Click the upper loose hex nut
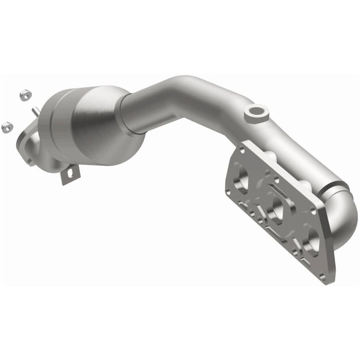click(24, 95)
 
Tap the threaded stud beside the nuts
click(34, 111)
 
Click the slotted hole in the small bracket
click(70, 175)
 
